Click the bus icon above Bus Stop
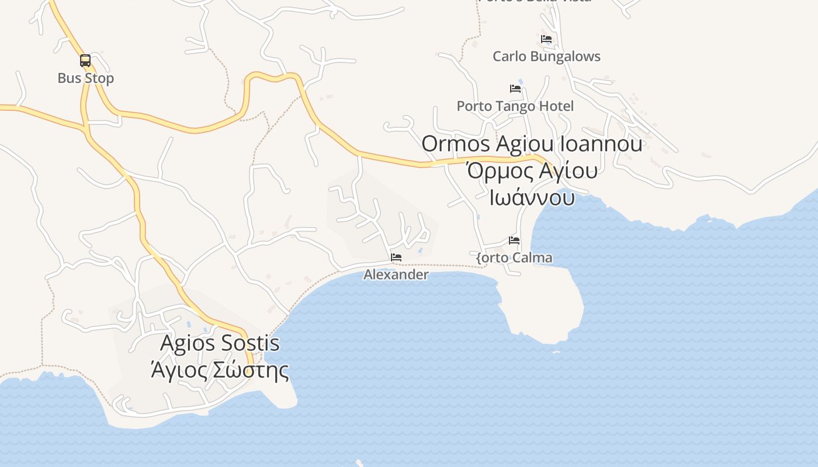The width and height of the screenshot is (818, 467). tap(85, 60)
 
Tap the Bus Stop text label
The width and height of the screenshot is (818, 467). tap(85, 78)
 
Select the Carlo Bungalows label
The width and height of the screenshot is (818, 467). tap(546, 57)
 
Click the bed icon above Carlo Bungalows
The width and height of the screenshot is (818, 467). tap(546, 39)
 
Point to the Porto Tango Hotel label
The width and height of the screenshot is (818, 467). tap(515, 106)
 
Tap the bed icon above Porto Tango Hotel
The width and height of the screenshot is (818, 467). tap(515, 89)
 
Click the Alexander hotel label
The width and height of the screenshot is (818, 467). tap(396, 274)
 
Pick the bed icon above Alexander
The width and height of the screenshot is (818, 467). tap(396, 257)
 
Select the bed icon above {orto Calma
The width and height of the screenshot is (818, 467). tap(514, 241)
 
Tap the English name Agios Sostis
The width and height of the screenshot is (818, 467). tap(220, 343)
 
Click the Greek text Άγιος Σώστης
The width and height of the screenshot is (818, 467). tap(220, 370)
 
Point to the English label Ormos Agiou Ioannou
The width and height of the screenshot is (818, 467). tap(532, 144)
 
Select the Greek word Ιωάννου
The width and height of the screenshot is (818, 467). tap(532, 197)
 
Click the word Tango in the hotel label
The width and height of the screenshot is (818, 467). tap(512, 106)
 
